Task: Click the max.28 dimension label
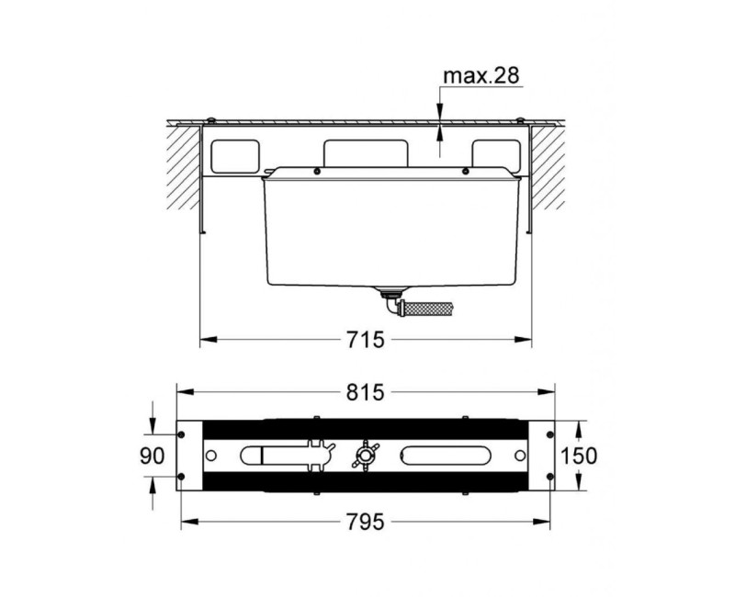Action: [481, 75]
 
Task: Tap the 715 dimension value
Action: [365, 340]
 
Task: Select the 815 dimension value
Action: [365, 392]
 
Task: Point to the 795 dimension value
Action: [365, 522]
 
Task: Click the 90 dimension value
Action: [153, 456]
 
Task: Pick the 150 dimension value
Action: [579, 456]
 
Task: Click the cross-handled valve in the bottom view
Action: [364, 455]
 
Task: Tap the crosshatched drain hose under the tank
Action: [429, 309]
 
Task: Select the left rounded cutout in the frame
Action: [235, 156]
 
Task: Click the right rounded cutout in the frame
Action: [496, 155]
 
